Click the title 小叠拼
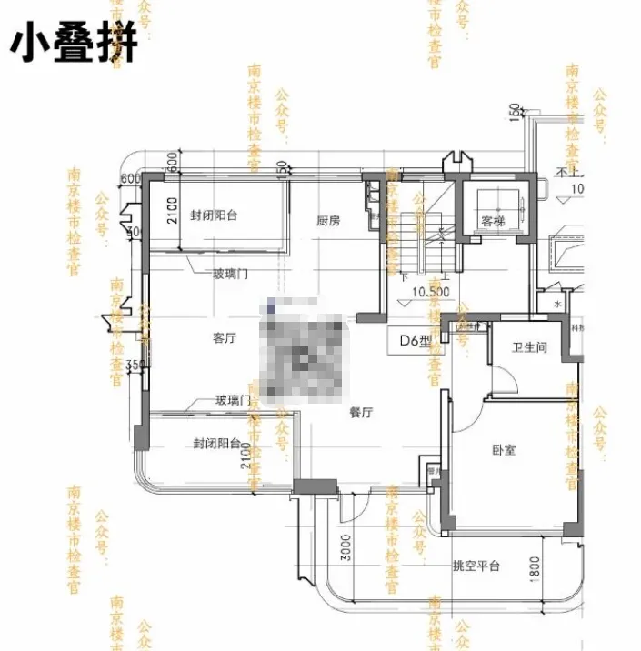pos(74,43)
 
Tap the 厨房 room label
pos(328,221)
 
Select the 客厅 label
pos(225,338)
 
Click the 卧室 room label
pos(503,450)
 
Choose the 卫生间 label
pos(529,347)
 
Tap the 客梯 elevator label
pos(492,221)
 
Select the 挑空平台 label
pos(476,566)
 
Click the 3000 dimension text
pos(346,549)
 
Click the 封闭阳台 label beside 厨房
pos(215,215)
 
